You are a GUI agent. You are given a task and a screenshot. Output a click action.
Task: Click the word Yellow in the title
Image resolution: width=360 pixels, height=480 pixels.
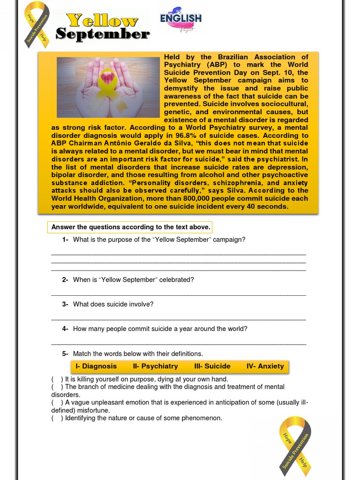[102, 21]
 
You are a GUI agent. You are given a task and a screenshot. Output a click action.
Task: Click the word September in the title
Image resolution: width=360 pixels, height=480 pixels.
[103, 34]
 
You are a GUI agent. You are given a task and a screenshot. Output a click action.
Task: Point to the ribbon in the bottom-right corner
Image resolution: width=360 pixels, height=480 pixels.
[295, 442]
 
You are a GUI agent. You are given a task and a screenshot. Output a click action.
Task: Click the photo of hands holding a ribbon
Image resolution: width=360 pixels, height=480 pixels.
[108, 87]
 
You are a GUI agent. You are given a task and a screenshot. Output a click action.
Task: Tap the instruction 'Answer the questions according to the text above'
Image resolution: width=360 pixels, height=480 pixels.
[130, 227]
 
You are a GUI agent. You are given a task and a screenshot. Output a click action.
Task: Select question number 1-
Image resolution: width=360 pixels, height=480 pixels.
[65, 240]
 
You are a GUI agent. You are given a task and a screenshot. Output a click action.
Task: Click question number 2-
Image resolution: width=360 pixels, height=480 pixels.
[65, 280]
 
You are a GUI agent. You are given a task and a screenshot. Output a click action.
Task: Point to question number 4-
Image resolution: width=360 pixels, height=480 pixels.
[65, 329]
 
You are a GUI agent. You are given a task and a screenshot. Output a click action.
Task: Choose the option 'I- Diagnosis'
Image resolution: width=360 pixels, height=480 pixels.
[96, 366]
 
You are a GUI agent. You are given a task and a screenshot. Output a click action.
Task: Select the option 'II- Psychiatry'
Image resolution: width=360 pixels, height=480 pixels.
[155, 366]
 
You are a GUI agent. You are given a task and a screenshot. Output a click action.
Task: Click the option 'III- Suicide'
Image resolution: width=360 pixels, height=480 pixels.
[212, 366]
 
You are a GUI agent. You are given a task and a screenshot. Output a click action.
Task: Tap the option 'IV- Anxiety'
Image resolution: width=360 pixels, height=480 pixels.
[265, 366]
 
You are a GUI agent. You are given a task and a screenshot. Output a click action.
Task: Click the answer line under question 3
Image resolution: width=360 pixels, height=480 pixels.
[178, 319]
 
